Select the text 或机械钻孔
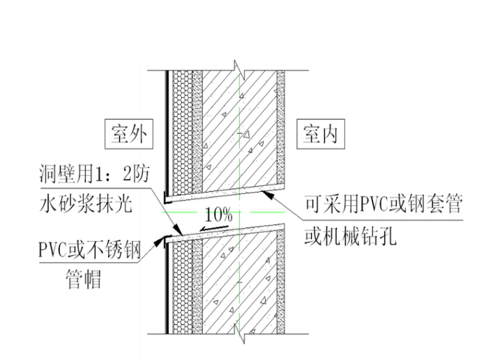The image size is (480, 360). [351, 236]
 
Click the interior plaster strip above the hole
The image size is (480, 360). [280, 126]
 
